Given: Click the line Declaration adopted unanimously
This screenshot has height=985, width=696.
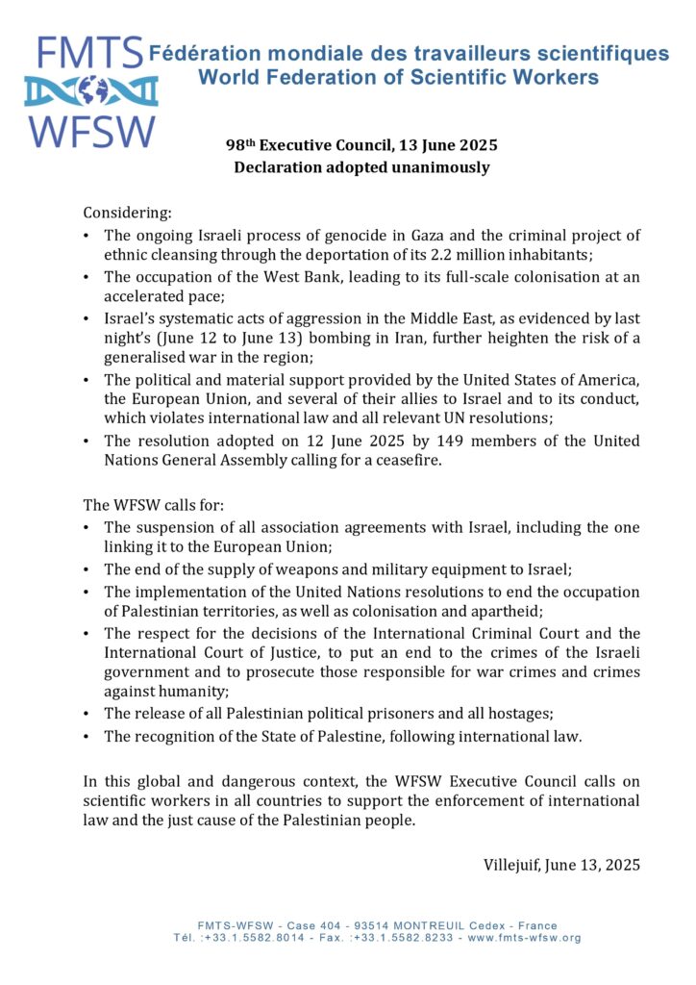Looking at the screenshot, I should point(361,167).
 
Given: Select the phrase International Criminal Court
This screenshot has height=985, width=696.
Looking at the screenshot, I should point(477,633).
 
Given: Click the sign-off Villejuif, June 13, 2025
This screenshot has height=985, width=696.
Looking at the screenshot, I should point(561,864).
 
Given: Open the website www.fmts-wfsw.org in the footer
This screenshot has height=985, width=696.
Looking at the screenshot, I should point(524,937).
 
